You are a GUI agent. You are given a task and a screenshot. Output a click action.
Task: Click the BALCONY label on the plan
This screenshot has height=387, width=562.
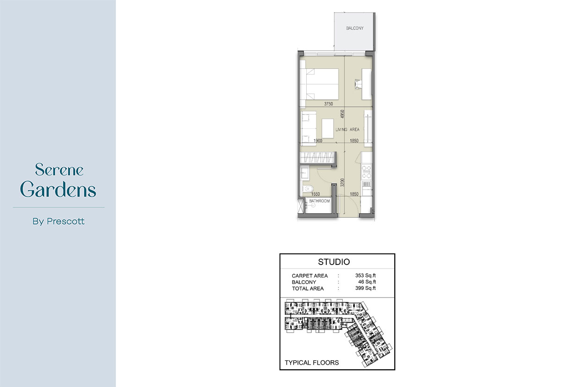355,29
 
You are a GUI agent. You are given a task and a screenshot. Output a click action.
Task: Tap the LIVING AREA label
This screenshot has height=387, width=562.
348,129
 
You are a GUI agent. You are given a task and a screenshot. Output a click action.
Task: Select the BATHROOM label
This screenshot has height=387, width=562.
319,201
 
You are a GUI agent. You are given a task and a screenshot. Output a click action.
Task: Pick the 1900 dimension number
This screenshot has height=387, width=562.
318,141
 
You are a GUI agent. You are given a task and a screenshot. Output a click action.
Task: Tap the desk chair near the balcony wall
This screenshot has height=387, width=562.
359,84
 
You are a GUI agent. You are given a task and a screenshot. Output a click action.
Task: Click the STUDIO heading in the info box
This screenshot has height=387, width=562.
333,262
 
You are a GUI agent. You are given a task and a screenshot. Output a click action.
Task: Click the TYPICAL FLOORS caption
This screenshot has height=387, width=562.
311,363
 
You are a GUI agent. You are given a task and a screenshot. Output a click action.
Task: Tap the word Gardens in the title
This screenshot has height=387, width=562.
59,190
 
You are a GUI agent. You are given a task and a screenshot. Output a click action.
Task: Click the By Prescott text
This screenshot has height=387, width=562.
59,221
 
